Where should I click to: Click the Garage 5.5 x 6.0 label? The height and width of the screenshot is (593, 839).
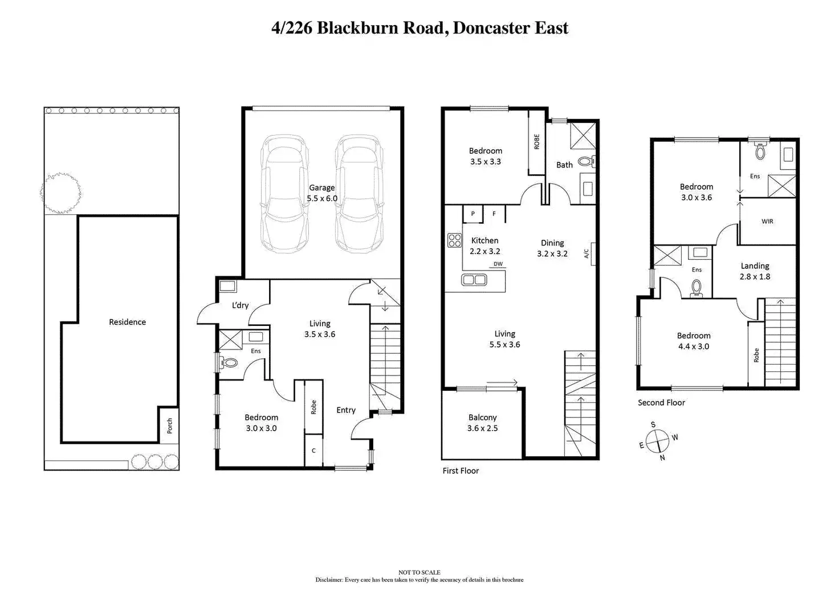click(322, 193)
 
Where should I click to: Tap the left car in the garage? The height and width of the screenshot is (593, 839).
click(284, 194)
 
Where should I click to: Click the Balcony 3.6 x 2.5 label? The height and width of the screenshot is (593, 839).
click(482, 423)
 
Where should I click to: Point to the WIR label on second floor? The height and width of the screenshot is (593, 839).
click(767, 221)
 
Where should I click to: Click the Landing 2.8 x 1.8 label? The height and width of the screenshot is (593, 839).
click(755, 271)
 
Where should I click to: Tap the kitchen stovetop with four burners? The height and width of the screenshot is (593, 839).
click(454, 240)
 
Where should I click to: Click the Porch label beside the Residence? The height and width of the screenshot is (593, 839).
click(169, 426)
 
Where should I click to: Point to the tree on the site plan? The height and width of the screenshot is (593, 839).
click(60, 193)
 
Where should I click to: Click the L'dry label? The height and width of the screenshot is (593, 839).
click(240, 305)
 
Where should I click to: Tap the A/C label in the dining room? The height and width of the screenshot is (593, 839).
click(587, 253)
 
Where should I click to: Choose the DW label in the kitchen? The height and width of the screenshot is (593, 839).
click(498, 264)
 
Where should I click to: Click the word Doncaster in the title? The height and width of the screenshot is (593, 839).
click(488, 28)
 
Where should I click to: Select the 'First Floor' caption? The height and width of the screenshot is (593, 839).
click(461, 471)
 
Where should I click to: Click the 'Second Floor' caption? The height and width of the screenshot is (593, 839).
click(661, 402)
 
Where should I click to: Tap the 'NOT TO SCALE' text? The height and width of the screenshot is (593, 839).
click(419, 572)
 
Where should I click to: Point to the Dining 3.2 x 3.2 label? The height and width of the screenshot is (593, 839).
click(552, 248)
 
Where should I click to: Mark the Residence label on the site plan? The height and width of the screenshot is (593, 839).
click(127, 322)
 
